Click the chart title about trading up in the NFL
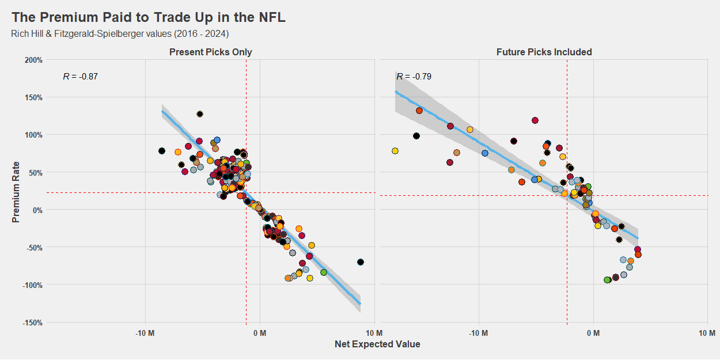click(x=148, y=18)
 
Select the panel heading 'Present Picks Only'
click(x=210, y=52)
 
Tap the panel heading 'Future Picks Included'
click(x=544, y=52)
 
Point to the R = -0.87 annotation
click(x=80, y=77)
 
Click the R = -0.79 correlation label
click(x=414, y=77)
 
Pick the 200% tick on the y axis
click(x=33, y=60)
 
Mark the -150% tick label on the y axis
click(x=32, y=323)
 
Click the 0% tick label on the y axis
click(x=37, y=210)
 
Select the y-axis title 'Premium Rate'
click(x=16, y=191)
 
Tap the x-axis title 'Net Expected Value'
click(x=377, y=344)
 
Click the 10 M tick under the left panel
click(x=374, y=333)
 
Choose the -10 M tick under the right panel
click(x=478, y=333)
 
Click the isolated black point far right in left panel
click(x=361, y=262)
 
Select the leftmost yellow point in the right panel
click(x=395, y=151)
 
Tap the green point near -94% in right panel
click(x=607, y=280)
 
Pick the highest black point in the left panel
click(x=200, y=114)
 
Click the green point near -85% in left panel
click(x=324, y=272)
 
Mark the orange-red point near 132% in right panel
click(x=419, y=111)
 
